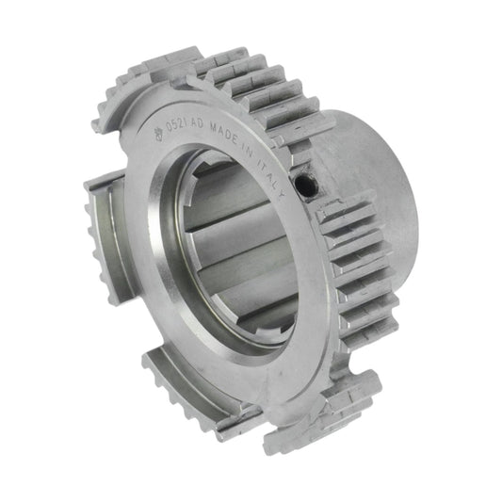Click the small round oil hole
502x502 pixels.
point(302,187)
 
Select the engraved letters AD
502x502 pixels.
point(207,122)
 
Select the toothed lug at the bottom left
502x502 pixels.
point(184,391)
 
